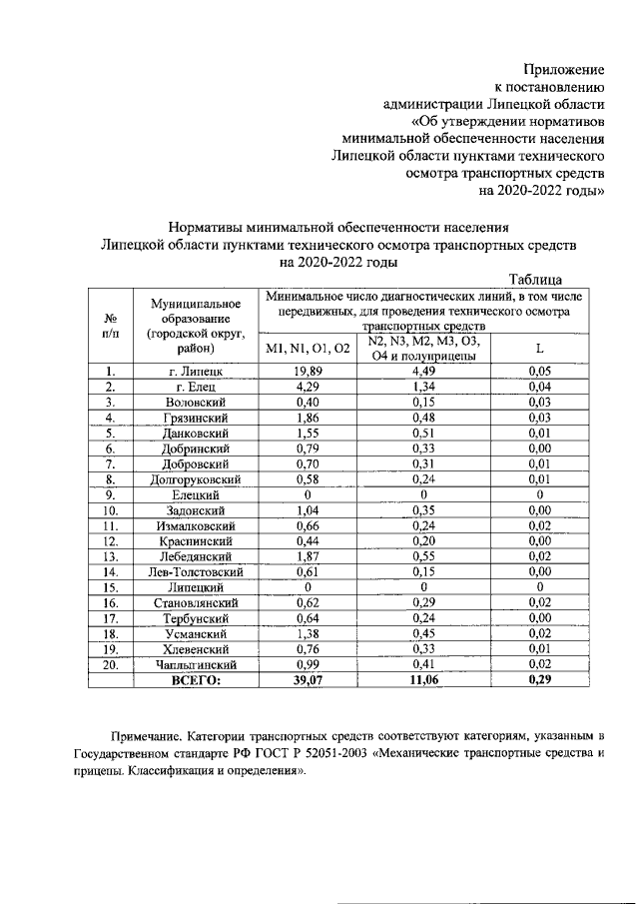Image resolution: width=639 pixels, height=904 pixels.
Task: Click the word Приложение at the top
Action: [x=565, y=69]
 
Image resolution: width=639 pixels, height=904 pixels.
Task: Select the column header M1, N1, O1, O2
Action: [x=308, y=348]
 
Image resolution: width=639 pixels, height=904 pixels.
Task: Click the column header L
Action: [x=539, y=348]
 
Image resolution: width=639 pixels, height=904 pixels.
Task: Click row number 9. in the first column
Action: [x=110, y=493]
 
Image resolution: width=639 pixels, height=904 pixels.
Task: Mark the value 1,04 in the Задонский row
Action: [x=308, y=509]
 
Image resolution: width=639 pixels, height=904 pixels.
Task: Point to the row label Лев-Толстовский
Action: [x=197, y=571]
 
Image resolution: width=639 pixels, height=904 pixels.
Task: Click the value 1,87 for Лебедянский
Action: [x=308, y=555]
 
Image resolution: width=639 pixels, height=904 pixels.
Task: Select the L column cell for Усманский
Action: [x=539, y=633]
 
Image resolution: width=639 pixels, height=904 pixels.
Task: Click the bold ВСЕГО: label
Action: [x=197, y=679]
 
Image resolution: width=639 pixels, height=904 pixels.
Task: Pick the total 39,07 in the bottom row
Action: [x=308, y=679]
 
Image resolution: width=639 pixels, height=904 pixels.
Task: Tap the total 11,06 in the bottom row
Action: [x=425, y=679]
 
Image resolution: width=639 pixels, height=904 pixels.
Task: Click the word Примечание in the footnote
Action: [x=150, y=737]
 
